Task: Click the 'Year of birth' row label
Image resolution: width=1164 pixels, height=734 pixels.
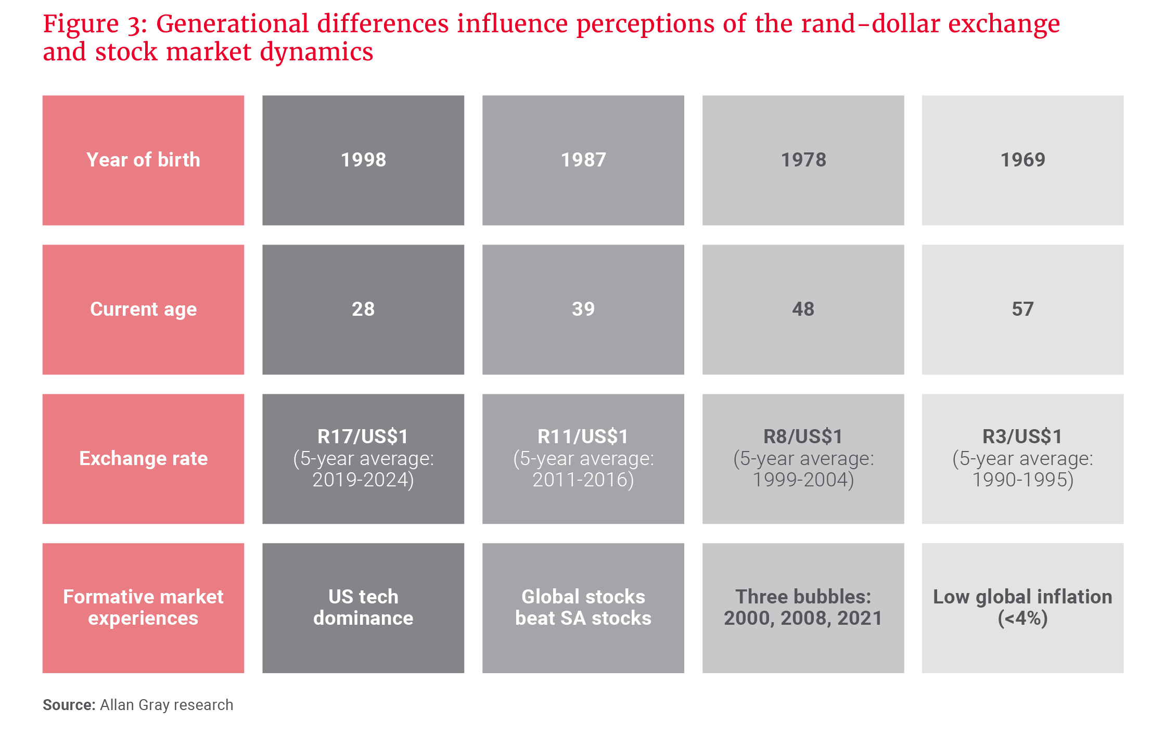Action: coord(143,160)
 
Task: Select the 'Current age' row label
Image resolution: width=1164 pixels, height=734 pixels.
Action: coord(143,309)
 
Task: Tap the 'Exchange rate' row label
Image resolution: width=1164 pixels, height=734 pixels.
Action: coord(143,458)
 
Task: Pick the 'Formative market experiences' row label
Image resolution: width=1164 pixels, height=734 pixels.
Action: coord(143,607)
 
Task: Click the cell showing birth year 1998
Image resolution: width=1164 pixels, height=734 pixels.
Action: coord(363,160)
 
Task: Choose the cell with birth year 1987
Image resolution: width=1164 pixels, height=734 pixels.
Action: coord(583,160)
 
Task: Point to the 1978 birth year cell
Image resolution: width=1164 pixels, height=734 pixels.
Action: coord(803,160)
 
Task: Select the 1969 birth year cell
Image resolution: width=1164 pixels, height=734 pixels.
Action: coord(1022,160)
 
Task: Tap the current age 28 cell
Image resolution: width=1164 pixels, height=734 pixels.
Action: coord(363,309)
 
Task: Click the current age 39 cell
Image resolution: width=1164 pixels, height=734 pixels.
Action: coord(583,309)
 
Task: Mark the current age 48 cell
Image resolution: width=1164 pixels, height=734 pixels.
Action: coord(803,309)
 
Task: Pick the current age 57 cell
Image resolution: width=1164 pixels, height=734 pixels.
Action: coord(1022,309)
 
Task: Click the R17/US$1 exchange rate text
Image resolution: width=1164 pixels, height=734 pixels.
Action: coord(363,436)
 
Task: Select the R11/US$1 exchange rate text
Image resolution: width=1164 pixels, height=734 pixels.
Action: coord(583,436)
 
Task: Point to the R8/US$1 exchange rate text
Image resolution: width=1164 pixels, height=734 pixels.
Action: coord(803,436)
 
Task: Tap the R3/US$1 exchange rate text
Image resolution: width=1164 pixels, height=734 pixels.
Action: coord(1022,436)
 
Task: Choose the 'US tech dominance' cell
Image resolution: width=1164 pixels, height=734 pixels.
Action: coord(363,607)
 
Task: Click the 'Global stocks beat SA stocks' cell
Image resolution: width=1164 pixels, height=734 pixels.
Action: coord(583,607)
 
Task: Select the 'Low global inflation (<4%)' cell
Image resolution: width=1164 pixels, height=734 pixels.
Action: coord(1022,607)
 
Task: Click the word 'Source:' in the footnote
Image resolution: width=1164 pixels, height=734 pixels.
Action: coord(69,705)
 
